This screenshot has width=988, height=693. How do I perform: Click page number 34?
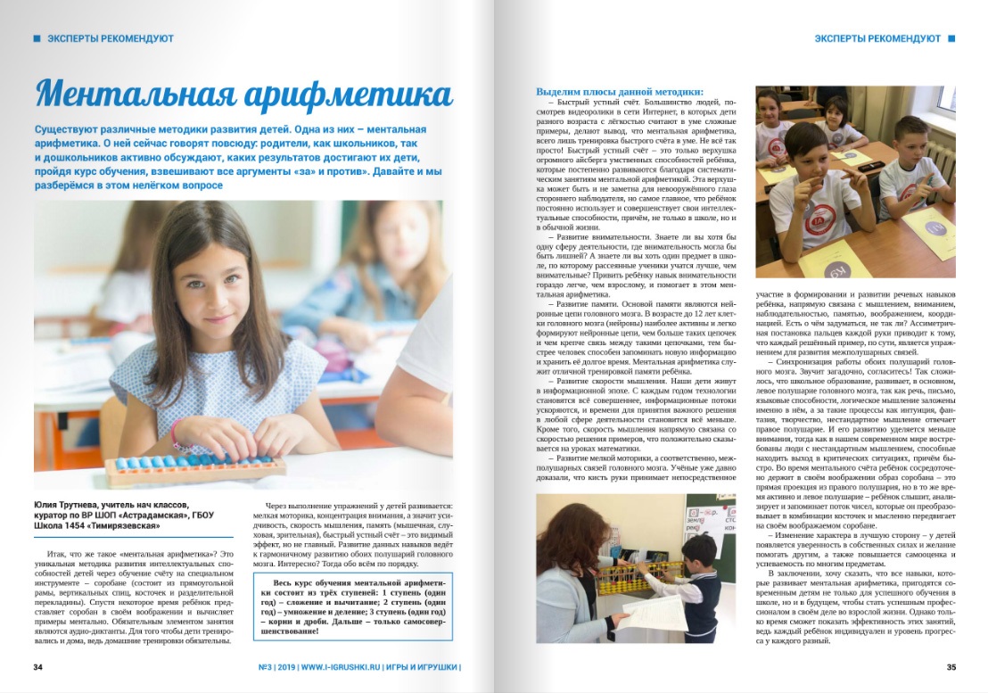(37, 666)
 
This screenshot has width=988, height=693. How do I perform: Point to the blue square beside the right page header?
(951, 38)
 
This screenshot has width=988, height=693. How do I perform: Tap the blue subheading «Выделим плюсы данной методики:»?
(619, 92)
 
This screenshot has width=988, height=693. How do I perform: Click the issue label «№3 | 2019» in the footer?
(268, 666)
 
